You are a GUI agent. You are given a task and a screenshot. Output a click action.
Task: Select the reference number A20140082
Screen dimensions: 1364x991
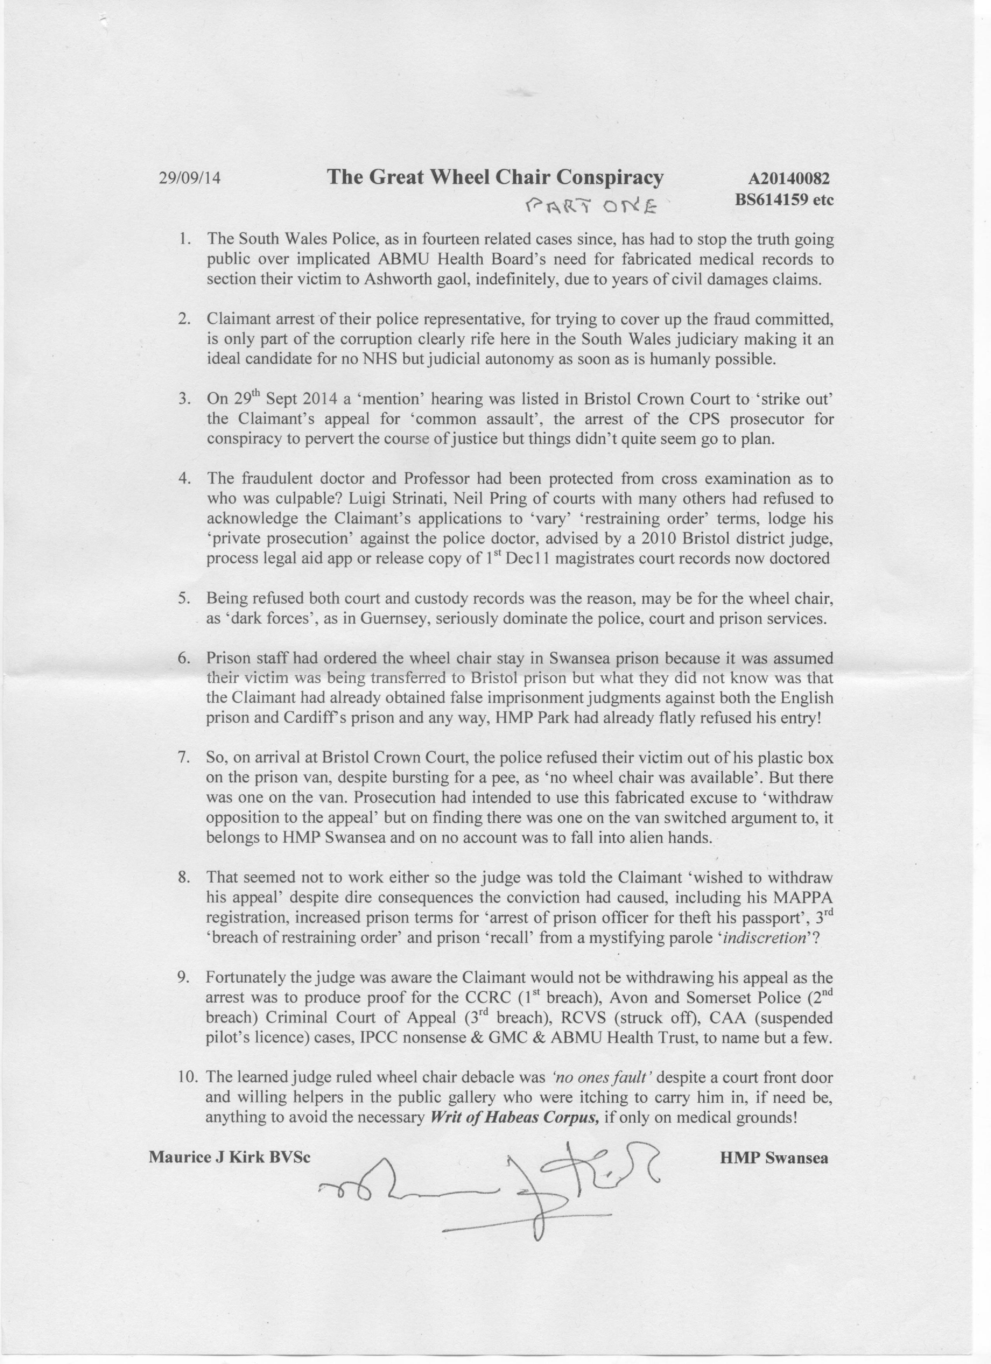coord(789,179)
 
